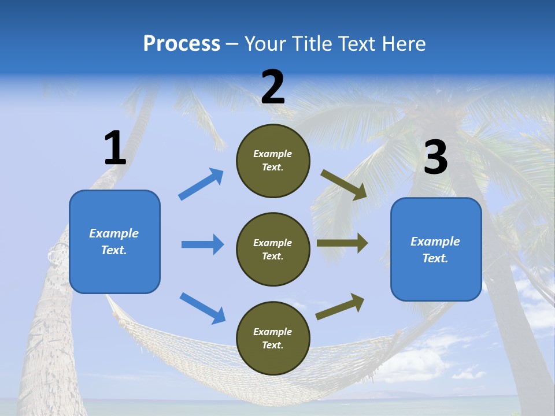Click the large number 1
click(115, 148)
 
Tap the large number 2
click(273, 87)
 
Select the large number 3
click(436, 158)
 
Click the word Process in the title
click(182, 43)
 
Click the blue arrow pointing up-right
click(201, 184)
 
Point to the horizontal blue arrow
click(202, 244)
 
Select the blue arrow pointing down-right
click(203, 308)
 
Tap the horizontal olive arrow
click(342, 243)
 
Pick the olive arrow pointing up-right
click(340, 306)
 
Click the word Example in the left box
click(114, 233)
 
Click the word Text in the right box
click(435, 258)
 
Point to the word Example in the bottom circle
click(272, 332)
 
